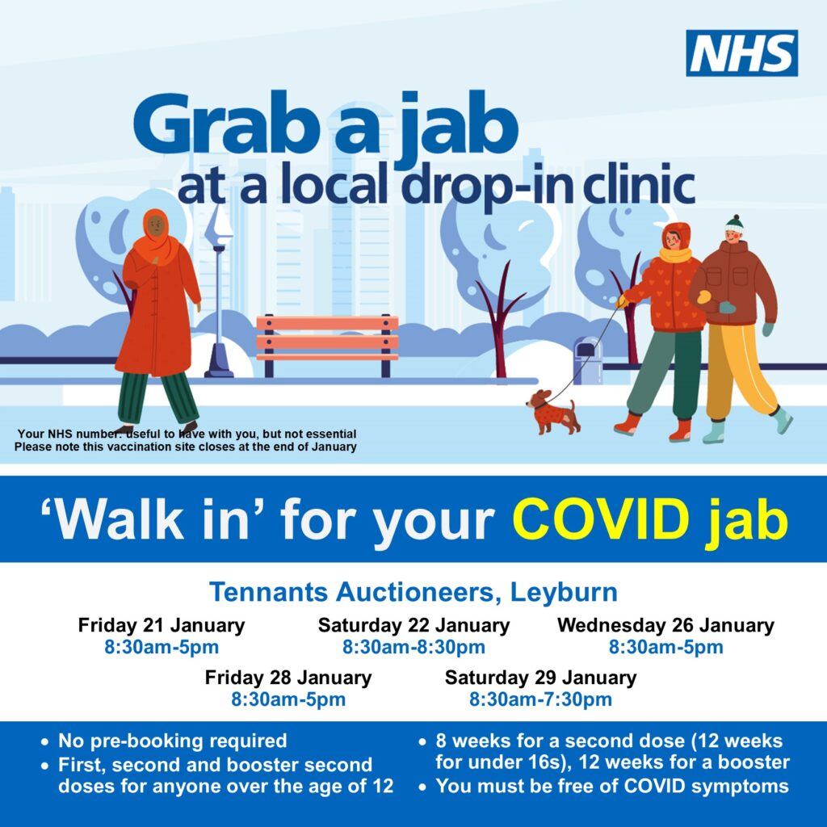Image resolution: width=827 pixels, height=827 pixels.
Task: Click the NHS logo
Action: [x=741, y=53]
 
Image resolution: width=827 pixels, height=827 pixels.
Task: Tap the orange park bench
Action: [x=328, y=342]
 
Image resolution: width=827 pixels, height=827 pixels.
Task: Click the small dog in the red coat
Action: [x=552, y=411]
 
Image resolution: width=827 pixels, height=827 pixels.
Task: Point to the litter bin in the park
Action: [x=588, y=361]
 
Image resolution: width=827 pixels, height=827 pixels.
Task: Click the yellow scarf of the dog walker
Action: [x=675, y=255]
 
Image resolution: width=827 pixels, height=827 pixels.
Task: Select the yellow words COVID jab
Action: [x=650, y=519]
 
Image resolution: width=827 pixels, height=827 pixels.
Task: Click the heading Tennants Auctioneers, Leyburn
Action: [x=413, y=592]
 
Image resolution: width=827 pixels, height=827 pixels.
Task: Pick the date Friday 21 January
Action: [x=162, y=626]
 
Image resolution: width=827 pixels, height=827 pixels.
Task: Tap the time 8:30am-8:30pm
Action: [x=414, y=647]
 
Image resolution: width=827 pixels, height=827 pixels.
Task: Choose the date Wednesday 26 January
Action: [x=665, y=626]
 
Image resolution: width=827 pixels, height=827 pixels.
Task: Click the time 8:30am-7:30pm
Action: [x=540, y=699]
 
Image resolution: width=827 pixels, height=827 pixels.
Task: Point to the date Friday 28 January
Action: [x=288, y=678]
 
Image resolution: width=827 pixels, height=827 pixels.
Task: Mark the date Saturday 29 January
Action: [x=540, y=678]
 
